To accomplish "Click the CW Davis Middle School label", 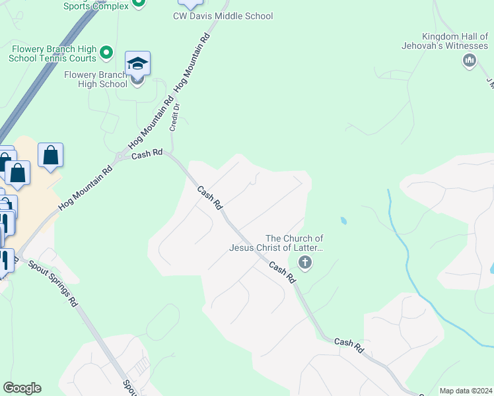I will click(223, 16).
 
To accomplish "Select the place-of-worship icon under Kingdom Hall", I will click(470, 61).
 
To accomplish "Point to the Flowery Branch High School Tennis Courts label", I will click(53, 53).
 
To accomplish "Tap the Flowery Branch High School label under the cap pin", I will click(96, 79).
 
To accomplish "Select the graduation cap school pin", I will click(137, 64).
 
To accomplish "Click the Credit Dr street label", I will click(175, 117).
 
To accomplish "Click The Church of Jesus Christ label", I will click(276, 243).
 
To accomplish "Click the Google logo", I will click(22, 388).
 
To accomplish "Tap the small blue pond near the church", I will click(343, 220).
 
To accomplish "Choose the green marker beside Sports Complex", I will click(138, 3).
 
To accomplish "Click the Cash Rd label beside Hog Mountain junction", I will click(147, 154).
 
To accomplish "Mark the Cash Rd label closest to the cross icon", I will click(281, 271).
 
